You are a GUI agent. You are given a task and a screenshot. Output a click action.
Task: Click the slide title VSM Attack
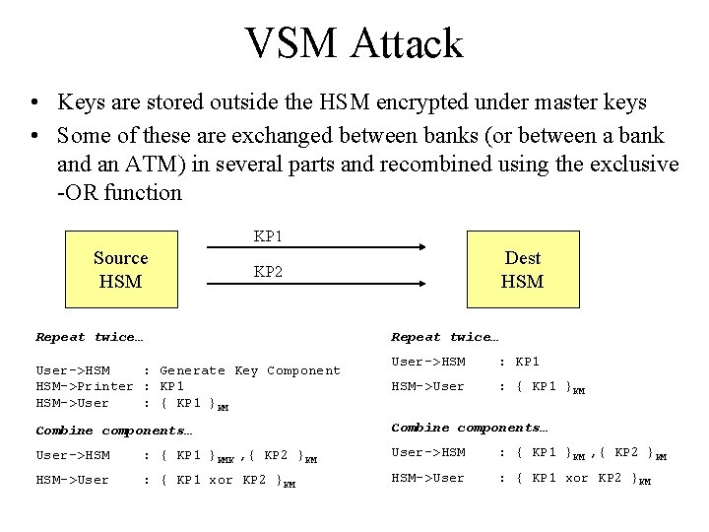354,43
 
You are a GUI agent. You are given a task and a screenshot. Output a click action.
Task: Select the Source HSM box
120,269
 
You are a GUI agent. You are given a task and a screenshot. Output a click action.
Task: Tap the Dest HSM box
522,269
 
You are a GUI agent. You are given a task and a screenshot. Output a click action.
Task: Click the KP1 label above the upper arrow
269,236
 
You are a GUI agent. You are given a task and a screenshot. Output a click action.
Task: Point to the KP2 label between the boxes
269,271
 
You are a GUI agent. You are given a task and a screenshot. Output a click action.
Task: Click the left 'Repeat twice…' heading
90,337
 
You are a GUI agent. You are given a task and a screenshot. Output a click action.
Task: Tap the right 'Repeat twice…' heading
446,337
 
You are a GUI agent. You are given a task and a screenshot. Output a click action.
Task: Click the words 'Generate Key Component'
250,370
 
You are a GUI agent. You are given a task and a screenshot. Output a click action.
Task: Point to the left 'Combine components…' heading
114,431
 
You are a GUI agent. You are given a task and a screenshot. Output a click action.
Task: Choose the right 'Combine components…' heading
471,428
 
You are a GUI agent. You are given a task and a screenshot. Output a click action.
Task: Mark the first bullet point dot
35,102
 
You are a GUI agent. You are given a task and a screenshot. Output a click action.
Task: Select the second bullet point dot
35,134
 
